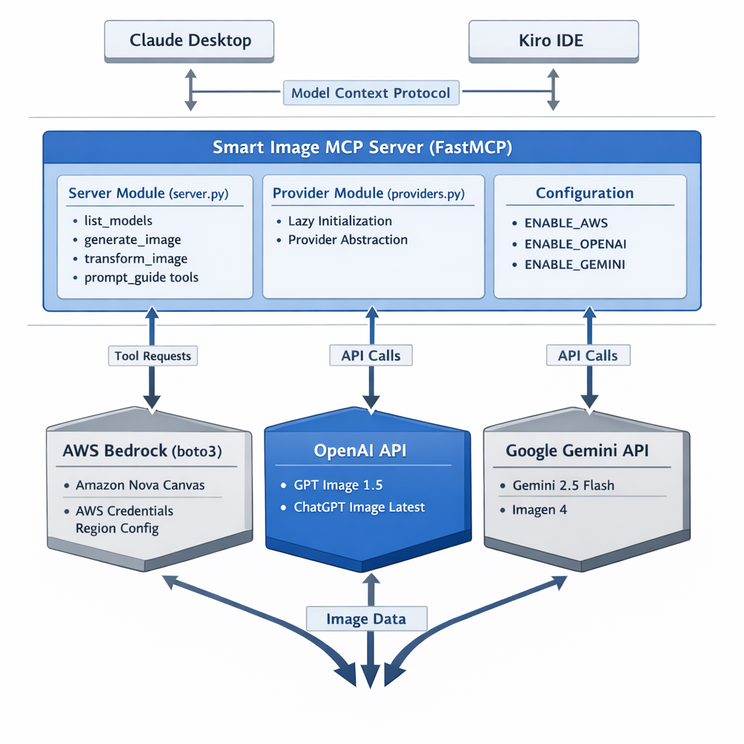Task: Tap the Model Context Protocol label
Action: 371,93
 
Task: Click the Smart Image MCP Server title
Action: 363,147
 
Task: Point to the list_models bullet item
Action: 118,221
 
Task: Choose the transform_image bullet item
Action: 135,259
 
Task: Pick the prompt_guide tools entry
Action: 141,278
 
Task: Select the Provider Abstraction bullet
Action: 347,240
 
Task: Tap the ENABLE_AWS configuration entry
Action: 566,223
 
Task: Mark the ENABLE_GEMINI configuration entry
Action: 574,265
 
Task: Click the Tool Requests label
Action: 153,356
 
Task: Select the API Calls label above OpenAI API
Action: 371,356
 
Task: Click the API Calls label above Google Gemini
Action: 588,356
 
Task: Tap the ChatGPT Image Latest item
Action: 359,507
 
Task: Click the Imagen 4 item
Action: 539,509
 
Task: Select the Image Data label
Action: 366,620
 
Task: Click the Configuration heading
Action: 584,193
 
